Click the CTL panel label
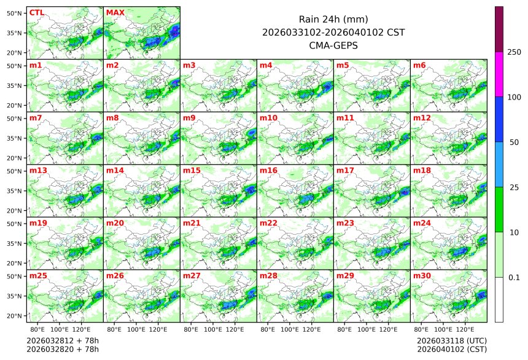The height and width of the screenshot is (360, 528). tap(36, 12)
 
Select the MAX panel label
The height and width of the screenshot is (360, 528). tap(115, 12)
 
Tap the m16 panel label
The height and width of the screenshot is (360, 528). tap(268, 170)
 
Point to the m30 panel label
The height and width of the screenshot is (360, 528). tap(422, 276)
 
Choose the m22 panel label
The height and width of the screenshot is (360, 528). tap(268, 223)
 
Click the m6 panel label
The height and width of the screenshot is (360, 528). tap(419, 65)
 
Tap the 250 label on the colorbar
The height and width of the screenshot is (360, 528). tap(514, 52)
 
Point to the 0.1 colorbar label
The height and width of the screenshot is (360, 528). tap(514, 277)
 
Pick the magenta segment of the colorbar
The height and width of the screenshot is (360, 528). tap(499, 74)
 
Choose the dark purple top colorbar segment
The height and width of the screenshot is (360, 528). tap(499, 29)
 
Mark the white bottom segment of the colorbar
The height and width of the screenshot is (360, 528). tap(499, 299)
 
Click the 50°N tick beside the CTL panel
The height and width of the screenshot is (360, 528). tap(15, 13)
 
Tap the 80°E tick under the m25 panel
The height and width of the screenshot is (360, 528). tap(45, 330)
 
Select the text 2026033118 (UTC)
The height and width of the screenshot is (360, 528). tap(451, 340)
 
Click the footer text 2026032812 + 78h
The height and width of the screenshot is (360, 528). tap(63, 340)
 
